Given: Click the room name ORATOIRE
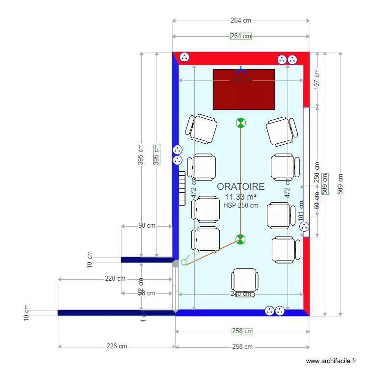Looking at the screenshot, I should tap(240, 186).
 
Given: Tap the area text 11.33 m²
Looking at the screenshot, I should tap(240, 197).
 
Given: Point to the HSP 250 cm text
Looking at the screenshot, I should tap(240, 206).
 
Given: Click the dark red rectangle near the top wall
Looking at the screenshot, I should tap(243, 89).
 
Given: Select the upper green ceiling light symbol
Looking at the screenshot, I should tap(240, 123).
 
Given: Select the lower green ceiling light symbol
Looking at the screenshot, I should tap(240, 239).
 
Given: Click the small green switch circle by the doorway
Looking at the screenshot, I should tap(184, 262).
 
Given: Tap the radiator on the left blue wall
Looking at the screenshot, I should tap(182, 188).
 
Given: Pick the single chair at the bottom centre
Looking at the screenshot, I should tap(245, 280).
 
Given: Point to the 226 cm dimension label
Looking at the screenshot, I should tap(117, 346).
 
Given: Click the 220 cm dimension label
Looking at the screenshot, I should tap(115, 279).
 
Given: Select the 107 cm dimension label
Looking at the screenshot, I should tap(316, 79).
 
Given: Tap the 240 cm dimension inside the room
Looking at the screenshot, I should tap(241, 294).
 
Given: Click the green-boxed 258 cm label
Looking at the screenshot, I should tap(242, 332).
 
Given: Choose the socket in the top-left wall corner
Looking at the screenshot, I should tap(184, 57).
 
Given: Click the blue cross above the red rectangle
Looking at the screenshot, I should tap(240, 71).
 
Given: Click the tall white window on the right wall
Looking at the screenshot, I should tap(306, 172).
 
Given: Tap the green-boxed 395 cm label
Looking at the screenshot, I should tap(157, 154).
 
